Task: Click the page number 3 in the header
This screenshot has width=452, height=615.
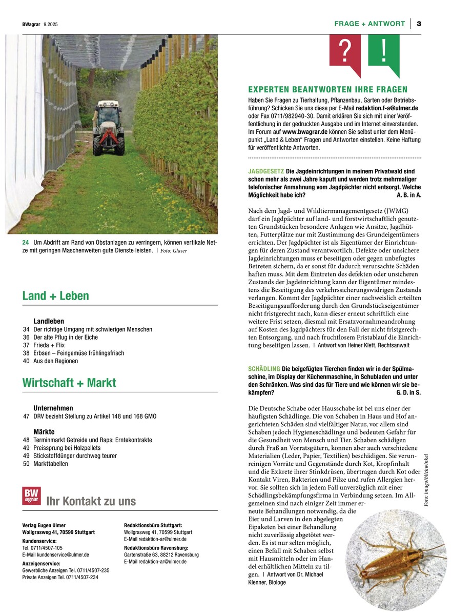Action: (x=419, y=24)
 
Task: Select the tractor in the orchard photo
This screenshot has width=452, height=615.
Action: (x=108, y=128)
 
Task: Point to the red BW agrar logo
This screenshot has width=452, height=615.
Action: (x=31, y=495)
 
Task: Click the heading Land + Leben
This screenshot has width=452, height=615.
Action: (x=55, y=296)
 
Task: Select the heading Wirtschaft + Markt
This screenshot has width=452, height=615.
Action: (x=69, y=383)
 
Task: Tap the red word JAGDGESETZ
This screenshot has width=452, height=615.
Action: (x=266, y=171)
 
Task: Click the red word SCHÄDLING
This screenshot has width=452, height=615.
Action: (x=264, y=369)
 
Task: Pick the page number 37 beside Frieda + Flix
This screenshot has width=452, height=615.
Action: (x=26, y=345)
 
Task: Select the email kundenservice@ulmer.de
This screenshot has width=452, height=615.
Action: (x=56, y=554)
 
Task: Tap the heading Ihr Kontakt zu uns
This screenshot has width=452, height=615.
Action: (x=91, y=501)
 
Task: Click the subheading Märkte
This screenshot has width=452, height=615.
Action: (x=44, y=432)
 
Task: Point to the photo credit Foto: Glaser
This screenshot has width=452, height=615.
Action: (x=173, y=251)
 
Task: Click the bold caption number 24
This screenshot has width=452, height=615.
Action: (x=26, y=242)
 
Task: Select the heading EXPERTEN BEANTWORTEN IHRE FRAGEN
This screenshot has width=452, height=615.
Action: (x=327, y=89)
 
